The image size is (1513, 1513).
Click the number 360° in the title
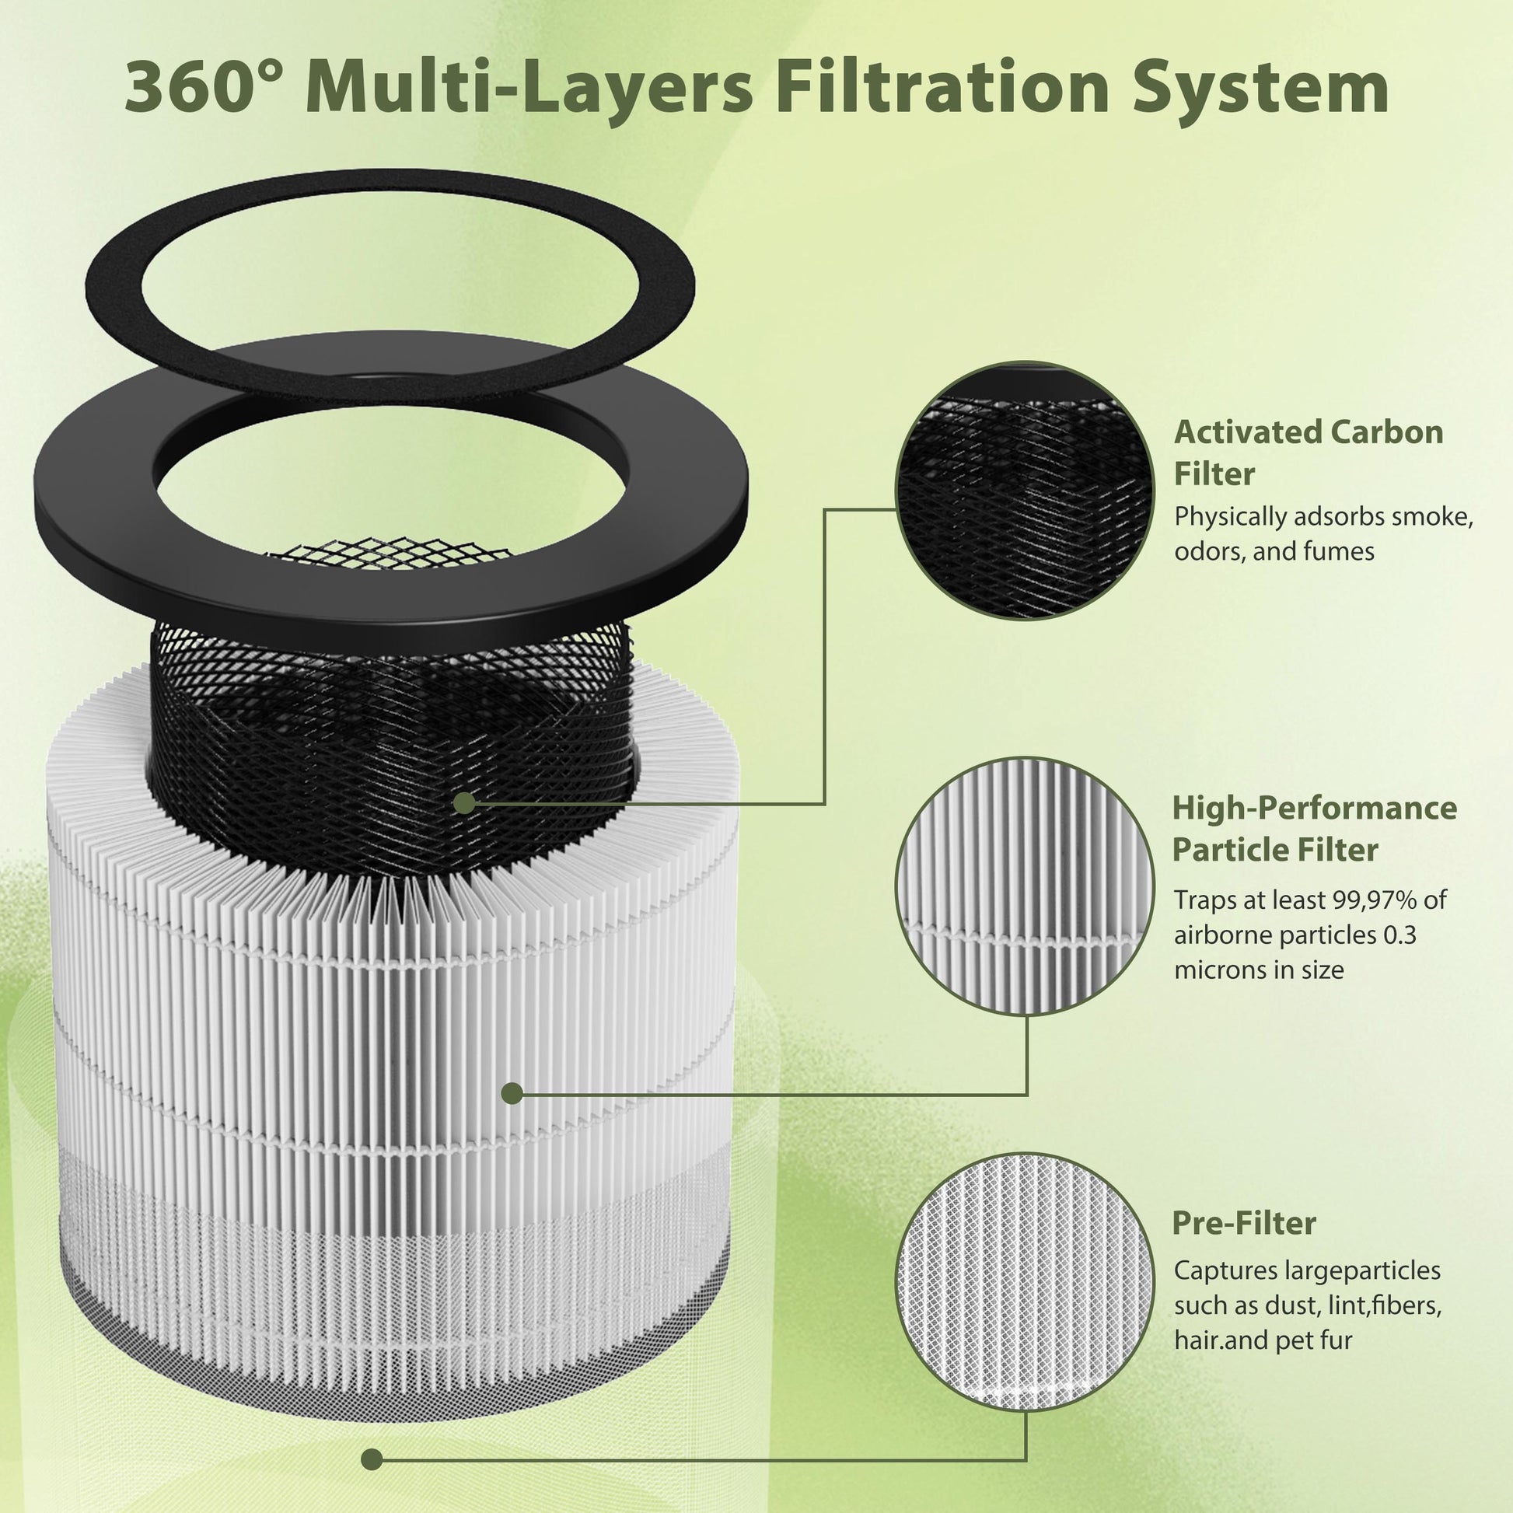[214, 89]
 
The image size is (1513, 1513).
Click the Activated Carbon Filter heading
[1309, 453]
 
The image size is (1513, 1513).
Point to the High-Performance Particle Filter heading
[1314, 829]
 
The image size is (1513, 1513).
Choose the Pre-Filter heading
[1244, 1222]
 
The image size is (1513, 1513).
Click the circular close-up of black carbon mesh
[1025, 491]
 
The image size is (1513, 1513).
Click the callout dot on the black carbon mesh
[464, 802]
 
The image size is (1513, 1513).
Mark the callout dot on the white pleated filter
[512, 1094]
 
